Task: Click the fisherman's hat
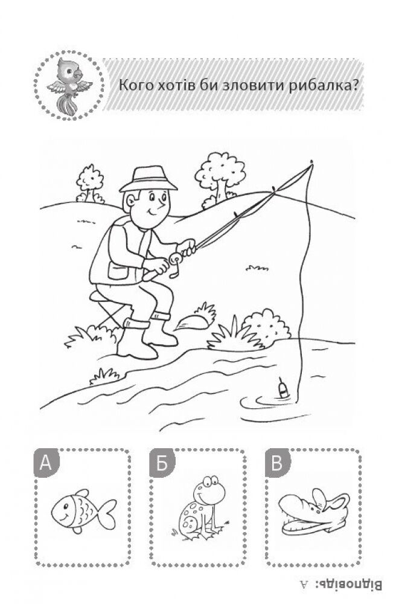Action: point(148,179)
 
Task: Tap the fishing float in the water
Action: point(283,388)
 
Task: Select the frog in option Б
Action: point(200,508)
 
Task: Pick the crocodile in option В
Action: point(313,512)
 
